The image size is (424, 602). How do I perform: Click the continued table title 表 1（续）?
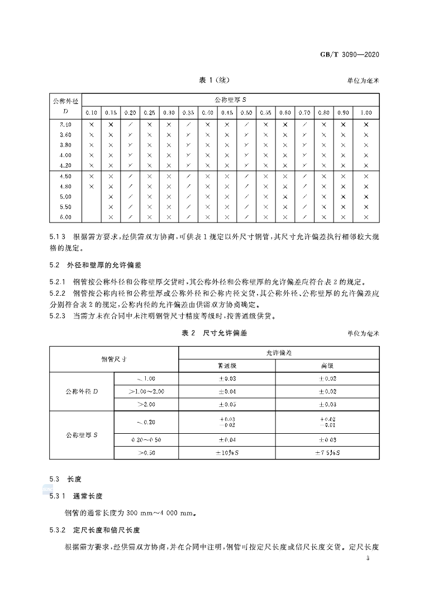(212, 80)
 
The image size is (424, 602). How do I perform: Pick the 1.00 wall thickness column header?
(366, 113)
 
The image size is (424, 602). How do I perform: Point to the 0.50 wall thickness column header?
(246, 113)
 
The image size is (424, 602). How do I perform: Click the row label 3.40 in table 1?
(65, 125)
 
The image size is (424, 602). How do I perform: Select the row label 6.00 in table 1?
(65, 217)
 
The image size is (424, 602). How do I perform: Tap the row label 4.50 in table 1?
(65, 176)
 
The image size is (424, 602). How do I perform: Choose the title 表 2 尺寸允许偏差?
(214, 333)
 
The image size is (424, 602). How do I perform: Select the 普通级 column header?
(227, 366)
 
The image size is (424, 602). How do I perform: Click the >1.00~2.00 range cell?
(146, 391)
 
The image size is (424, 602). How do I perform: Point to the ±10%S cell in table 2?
(227, 453)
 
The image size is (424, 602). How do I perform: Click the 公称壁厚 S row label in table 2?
(82, 435)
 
